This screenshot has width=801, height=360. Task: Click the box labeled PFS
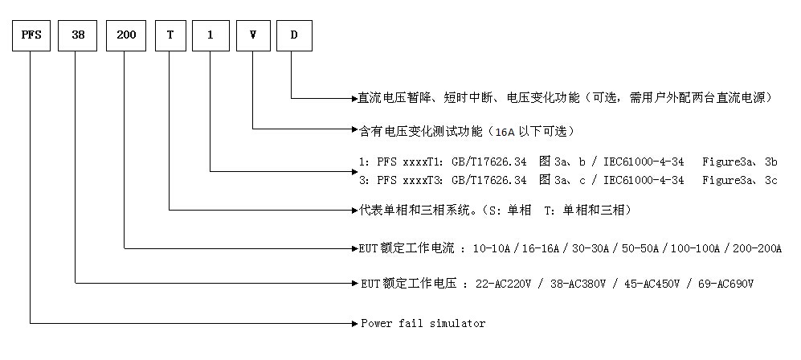click(31, 36)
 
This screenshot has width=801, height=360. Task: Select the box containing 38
click(77, 36)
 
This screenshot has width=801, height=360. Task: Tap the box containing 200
click(126, 36)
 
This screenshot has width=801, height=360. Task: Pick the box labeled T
click(170, 36)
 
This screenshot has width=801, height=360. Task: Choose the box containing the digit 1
click(210, 36)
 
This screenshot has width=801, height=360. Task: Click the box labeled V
click(253, 36)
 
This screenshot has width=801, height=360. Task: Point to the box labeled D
click(294, 36)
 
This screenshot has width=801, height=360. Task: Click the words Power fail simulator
click(423, 323)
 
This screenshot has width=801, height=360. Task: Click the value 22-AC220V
click(502, 283)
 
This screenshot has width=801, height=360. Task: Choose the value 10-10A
click(492, 248)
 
